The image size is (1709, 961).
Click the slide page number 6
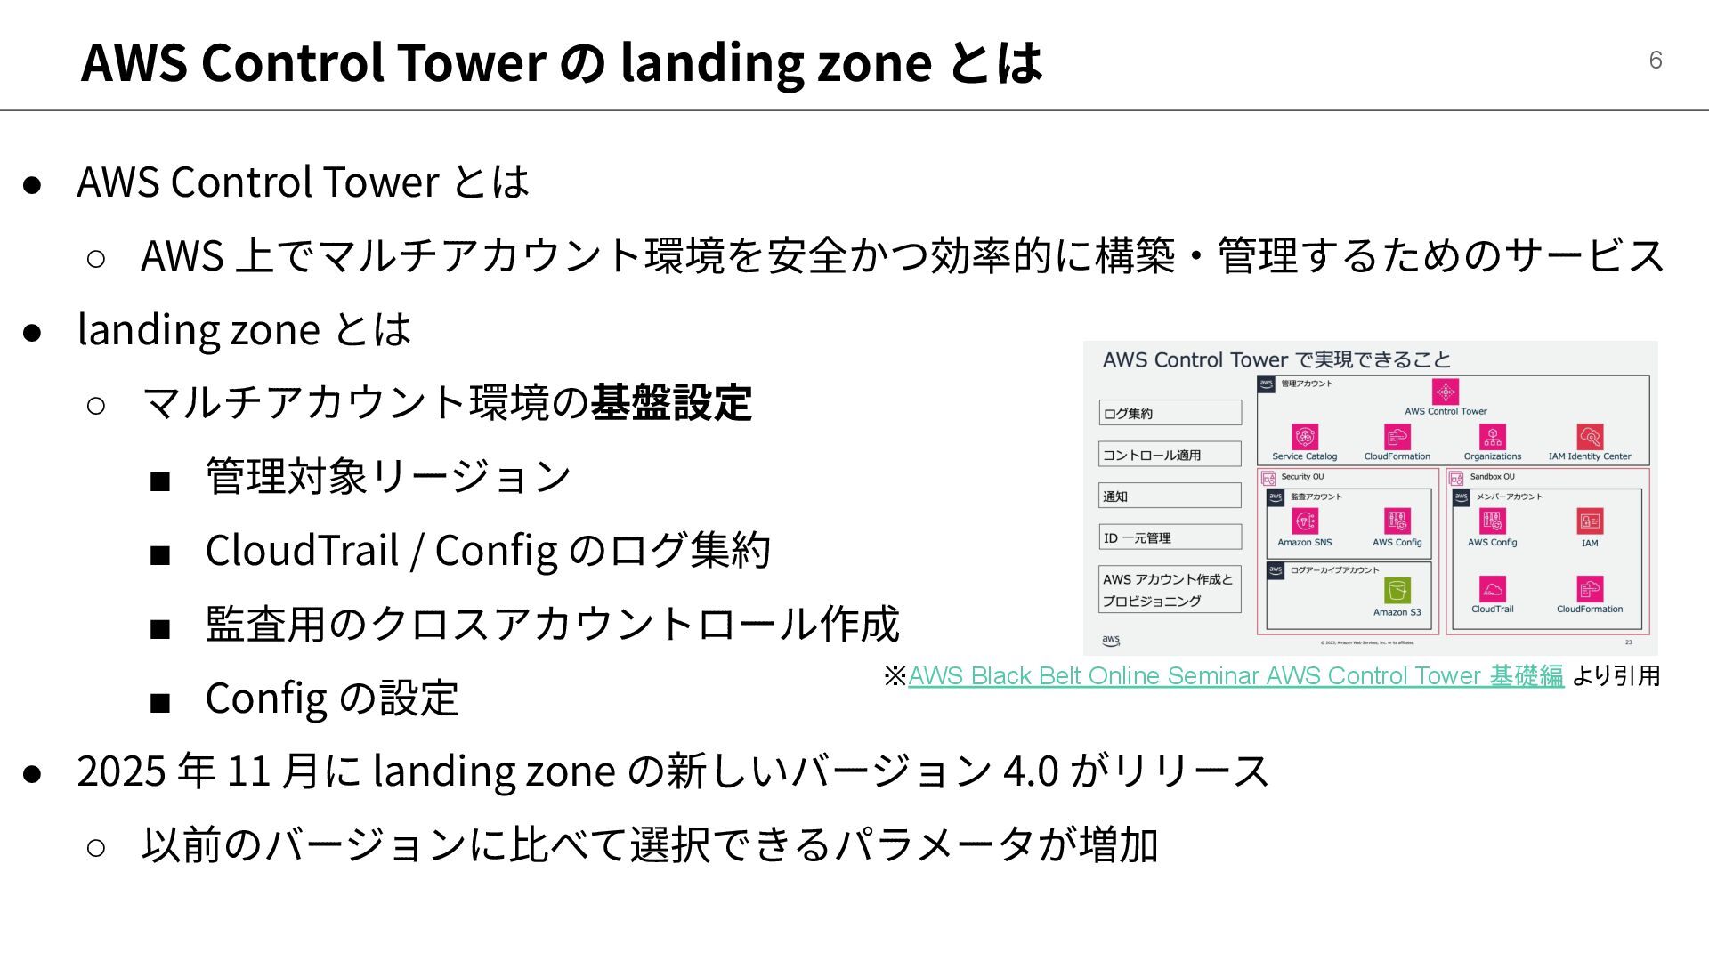point(1655,60)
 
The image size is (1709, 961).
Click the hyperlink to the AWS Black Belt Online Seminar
point(1235,676)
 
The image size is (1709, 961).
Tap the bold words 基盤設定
point(671,402)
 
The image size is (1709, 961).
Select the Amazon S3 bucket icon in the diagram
point(1397,591)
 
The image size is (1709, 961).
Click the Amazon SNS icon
point(1304,521)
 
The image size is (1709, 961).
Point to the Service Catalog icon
point(1304,437)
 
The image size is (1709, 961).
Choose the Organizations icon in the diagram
point(1493,437)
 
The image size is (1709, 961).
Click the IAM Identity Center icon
point(1590,437)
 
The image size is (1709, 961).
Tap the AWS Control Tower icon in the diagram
point(1446,392)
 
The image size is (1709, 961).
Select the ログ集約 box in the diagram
point(1170,413)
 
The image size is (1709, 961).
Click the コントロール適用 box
point(1170,455)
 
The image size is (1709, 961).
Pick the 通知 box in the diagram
point(1170,497)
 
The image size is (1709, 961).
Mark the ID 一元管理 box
point(1170,537)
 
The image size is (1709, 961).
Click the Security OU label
point(1302,477)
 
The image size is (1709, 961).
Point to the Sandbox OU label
point(1492,477)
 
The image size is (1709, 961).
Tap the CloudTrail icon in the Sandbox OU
point(1492,589)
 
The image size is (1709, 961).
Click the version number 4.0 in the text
point(1030,771)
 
